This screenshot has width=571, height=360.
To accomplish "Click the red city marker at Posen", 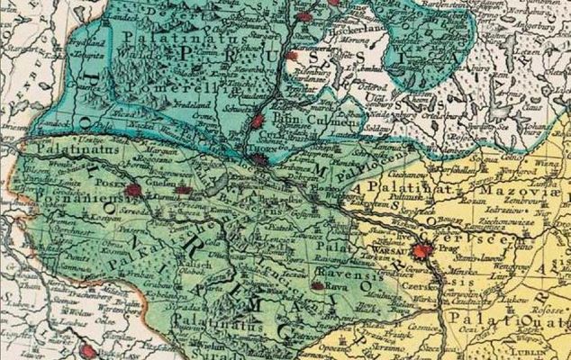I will click(135, 190).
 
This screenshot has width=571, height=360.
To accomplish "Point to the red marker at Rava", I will click(317, 286).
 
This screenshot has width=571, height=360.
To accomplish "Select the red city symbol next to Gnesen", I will click(186, 190).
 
